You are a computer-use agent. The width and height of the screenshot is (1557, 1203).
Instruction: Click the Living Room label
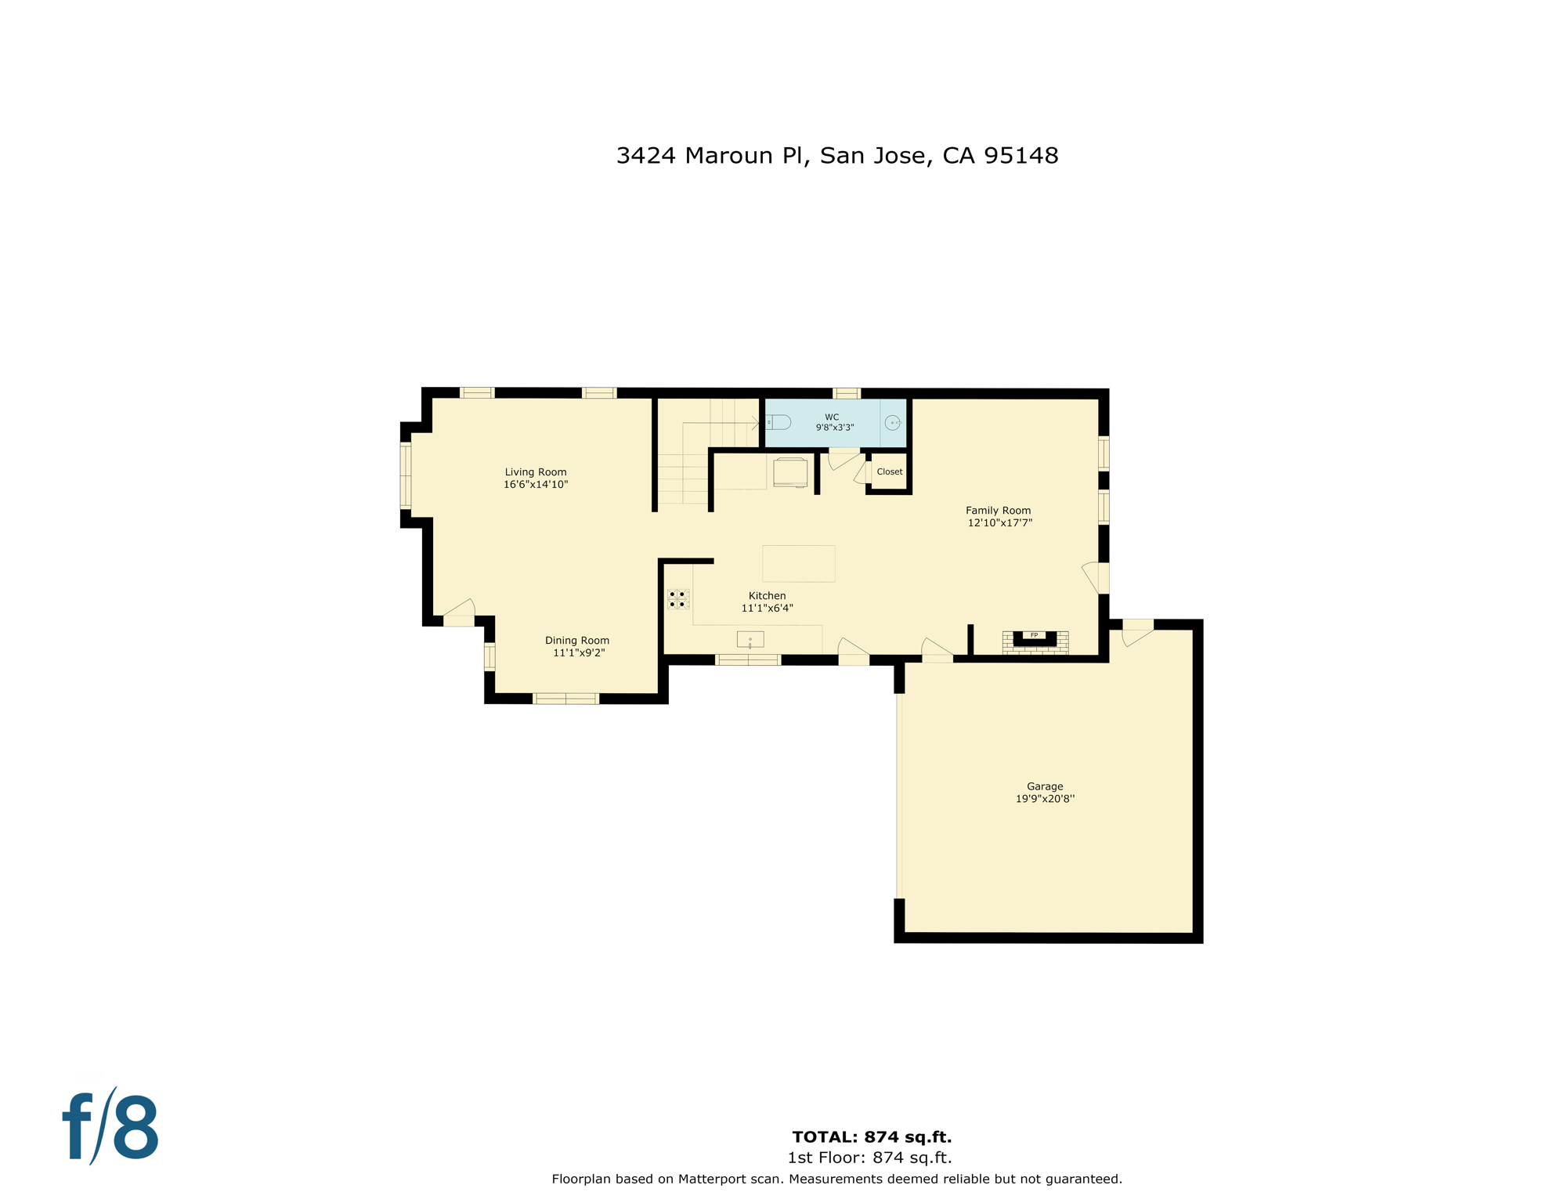coord(535,472)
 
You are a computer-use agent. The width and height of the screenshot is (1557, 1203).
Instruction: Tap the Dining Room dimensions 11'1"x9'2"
coord(578,653)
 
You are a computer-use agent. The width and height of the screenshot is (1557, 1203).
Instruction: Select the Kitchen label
coord(767,596)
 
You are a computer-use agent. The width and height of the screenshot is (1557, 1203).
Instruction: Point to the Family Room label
coord(998,511)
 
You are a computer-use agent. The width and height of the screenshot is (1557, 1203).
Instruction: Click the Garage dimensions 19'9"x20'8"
coord(1045,799)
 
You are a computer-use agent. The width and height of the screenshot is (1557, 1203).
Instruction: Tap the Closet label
coord(889,471)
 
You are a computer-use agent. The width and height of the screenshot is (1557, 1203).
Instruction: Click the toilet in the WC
coord(778,423)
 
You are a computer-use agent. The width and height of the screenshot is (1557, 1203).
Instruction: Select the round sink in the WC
coord(892,423)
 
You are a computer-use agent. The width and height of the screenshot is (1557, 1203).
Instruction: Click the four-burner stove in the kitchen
coord(677,599)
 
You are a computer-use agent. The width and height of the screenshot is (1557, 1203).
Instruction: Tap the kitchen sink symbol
coord(750,640)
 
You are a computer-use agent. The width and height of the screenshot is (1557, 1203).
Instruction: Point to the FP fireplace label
coord(1034,635)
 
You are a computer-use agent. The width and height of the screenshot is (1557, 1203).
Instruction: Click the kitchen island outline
coord(798,563)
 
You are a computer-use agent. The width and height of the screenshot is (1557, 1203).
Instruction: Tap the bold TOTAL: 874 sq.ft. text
coord(872,1137)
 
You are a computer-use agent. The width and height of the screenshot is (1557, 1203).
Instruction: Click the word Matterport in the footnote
coord(713,1179)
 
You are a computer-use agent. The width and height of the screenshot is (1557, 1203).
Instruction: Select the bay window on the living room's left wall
coord(406,475)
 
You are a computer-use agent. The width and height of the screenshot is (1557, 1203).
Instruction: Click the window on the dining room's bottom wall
coord(565,699)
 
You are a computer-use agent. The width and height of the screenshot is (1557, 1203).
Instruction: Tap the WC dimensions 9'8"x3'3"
coord(834,428)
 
